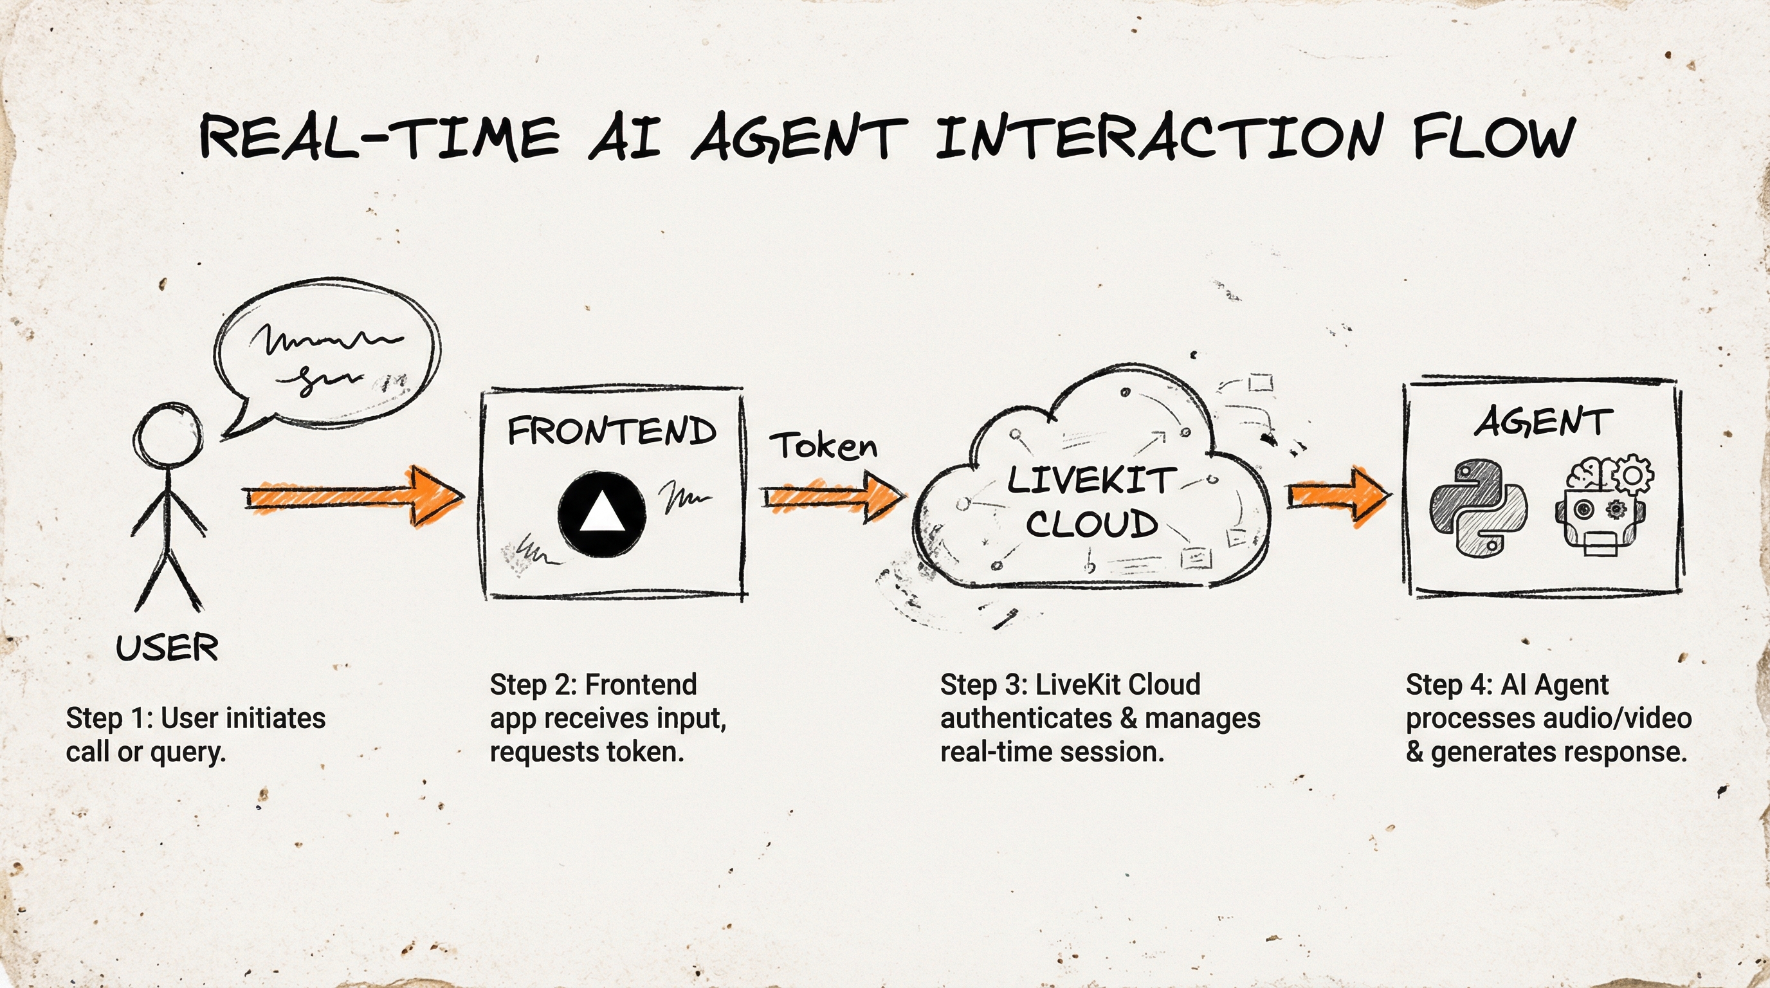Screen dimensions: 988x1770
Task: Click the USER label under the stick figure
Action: [167, 648]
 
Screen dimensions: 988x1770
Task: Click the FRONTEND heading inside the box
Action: [612, 431]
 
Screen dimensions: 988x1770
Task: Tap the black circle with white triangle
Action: [602, 514]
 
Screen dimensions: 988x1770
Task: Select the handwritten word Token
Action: [823, 446]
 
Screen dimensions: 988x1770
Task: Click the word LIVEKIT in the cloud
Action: [1091, 480]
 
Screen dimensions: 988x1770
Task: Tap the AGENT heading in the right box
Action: [1542, 421]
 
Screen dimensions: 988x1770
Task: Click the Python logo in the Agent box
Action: [1478, 507]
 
